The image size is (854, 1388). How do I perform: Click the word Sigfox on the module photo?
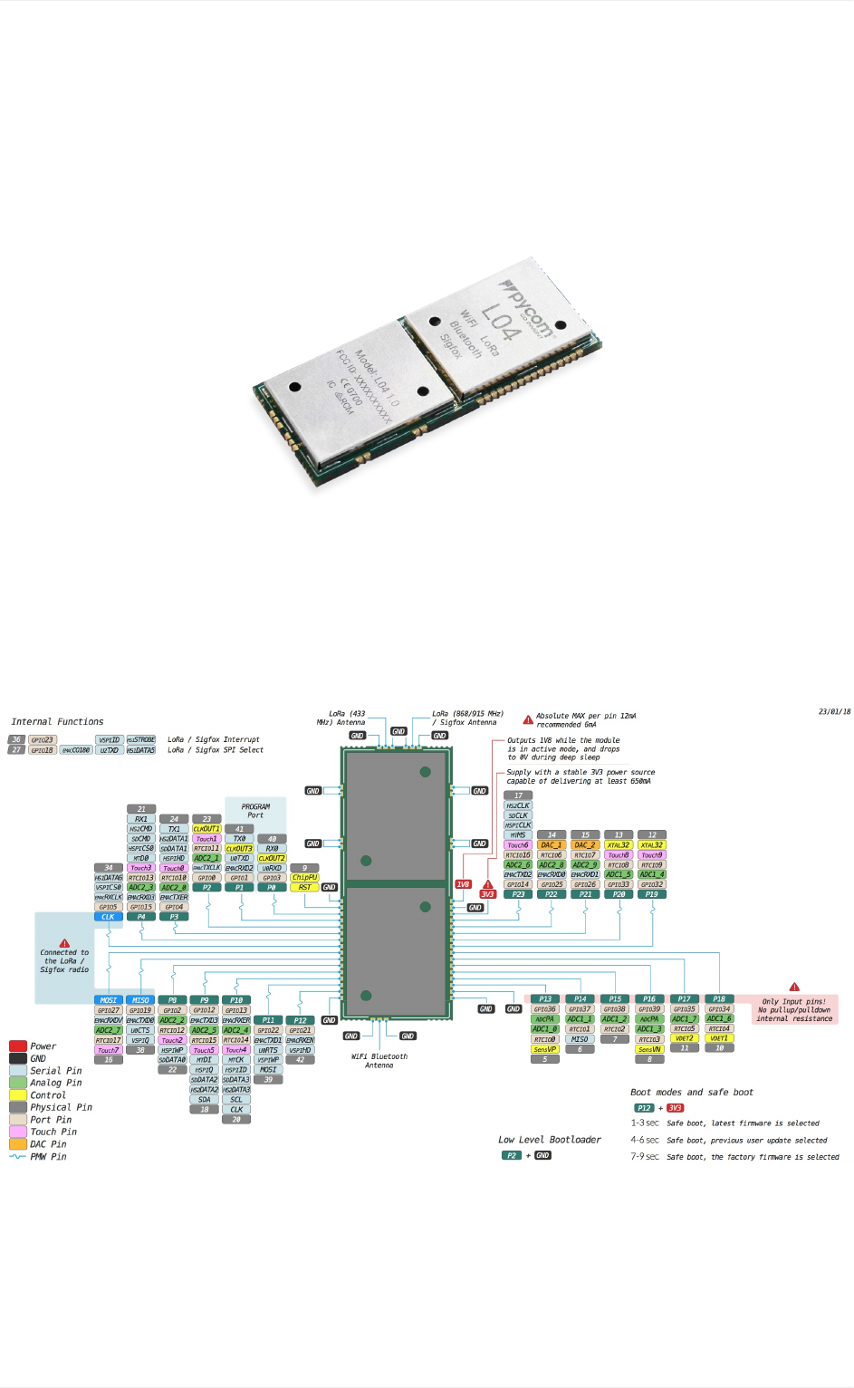pyautogui.click(x=450, y=346)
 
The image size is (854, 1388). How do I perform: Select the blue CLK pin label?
pyautogui.click(x=108, y=917)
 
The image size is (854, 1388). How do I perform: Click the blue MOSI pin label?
pyautogui.click(x=108, y=1000)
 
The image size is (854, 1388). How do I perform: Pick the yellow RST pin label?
pyautogui.click(x=304, y=887)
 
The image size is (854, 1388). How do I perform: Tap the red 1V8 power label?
pyautogui.click(x=463, y=884)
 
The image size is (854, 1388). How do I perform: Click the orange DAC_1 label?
pyautogui.click(x=552, y=844)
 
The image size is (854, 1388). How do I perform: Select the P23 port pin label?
pyautogui.click(x=518, y=894)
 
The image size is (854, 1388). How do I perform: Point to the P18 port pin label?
pyautogui.click(x=719, y=999)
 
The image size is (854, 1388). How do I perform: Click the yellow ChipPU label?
pyautogui.click(x=304, y=877)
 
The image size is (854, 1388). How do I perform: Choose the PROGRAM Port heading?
pyautogui.click(x=255, y=810)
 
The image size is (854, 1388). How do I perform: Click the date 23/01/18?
pyautogui.click(x=834, y=711)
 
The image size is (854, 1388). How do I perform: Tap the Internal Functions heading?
pyautogui.click(x=57, y=722)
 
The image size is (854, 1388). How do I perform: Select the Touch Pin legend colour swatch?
pyautogui.click(x=18, y=1132)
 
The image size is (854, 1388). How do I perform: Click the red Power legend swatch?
pyautogui.click(x=18, y=1046)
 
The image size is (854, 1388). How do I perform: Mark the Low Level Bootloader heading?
pyautogui.click(x=549, y=1140)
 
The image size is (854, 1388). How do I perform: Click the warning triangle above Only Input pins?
pyautogui.click(x=794, y=987)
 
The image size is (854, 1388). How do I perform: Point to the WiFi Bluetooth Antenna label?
pyautogui.click(x=379, y=1061)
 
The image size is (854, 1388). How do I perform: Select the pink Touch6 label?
pyautogui.click(x=518, y=844)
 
